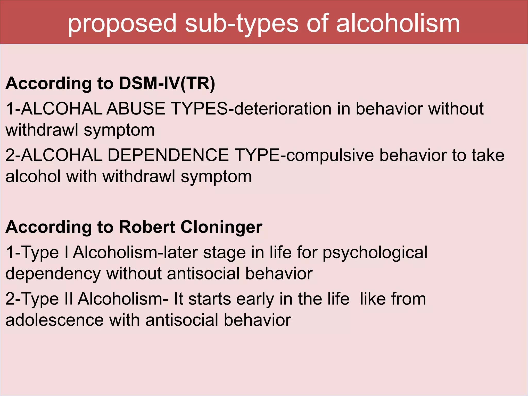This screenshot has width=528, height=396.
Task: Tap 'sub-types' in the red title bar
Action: click(x=241, y=24)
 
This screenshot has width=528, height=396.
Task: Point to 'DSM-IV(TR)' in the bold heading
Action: click(x=167, y=84)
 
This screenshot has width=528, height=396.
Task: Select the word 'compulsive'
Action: click(x=330, y=155)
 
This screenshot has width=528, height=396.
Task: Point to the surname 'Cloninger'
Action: click(x=221, y=227)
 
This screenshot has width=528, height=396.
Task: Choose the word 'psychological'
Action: click(x=375, y=253)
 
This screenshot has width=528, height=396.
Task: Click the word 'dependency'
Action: click(x=53, y=274)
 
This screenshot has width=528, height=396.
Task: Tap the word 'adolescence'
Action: click(x=54, y=320)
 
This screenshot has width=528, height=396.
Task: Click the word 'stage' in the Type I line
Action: click(x=225, y=253)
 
